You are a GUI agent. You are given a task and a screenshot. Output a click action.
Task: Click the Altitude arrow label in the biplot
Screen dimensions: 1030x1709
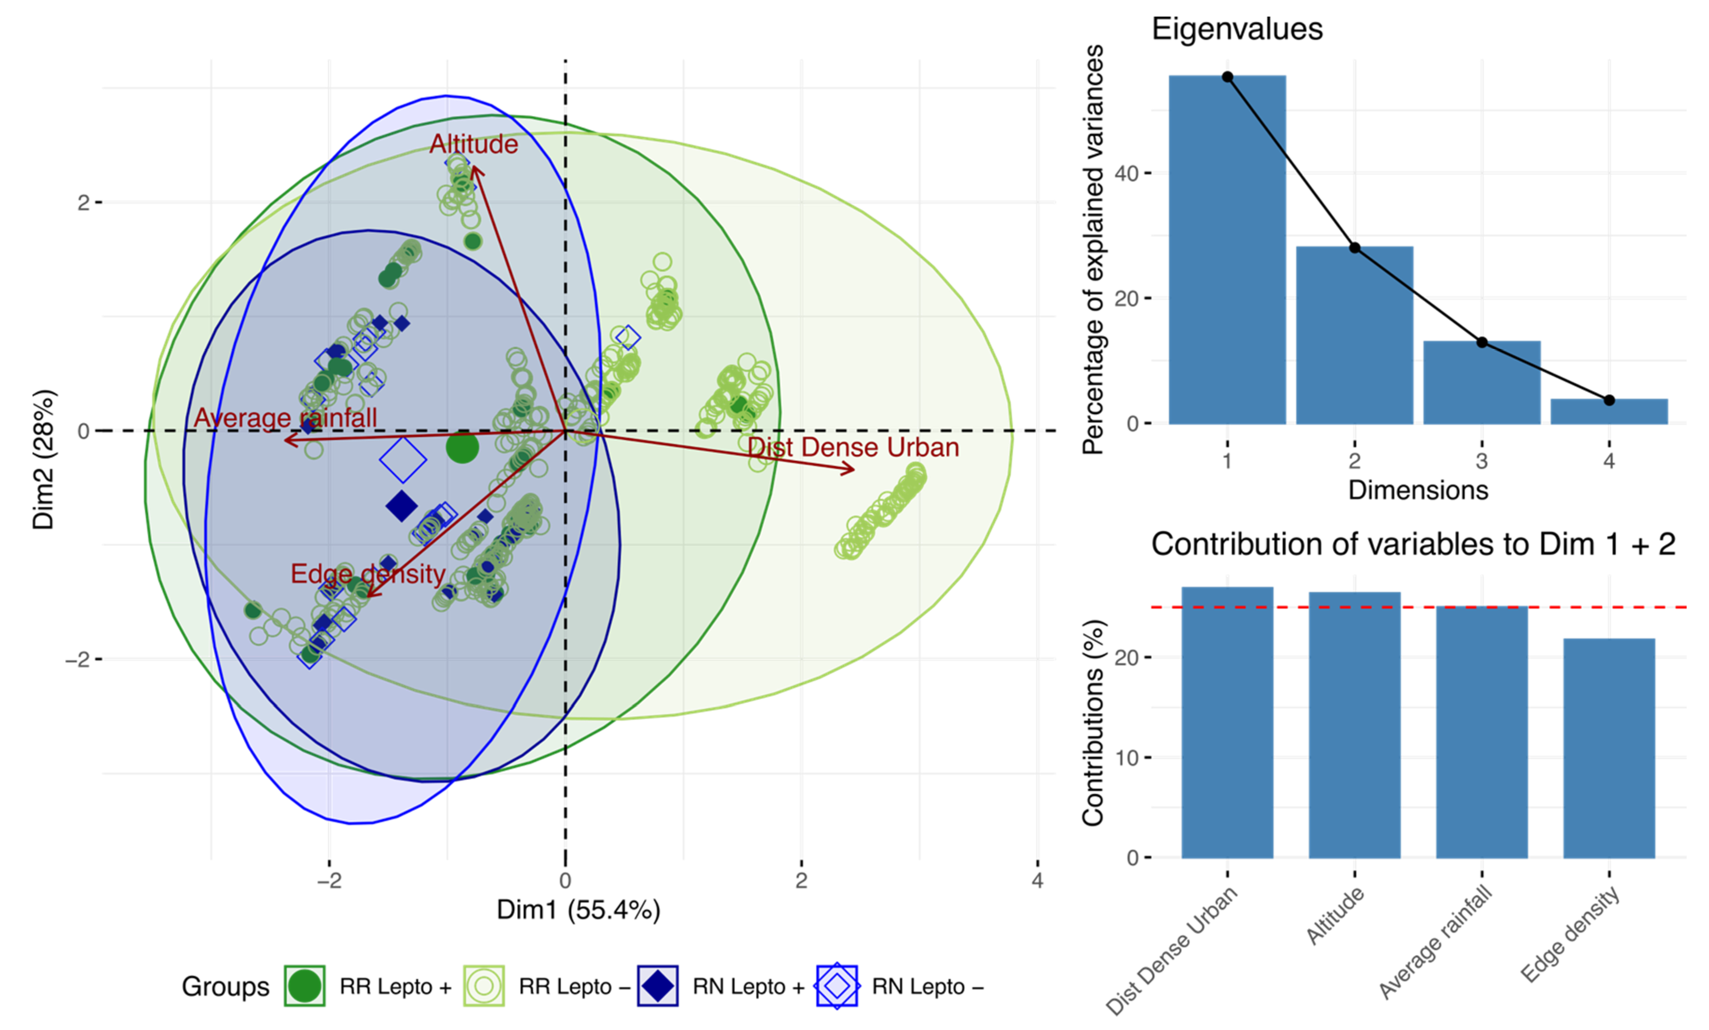point(474,144)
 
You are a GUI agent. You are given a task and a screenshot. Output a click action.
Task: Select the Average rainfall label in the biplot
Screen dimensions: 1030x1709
point(285,417)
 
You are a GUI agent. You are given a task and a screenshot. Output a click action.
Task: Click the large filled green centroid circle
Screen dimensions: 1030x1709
point(462,447)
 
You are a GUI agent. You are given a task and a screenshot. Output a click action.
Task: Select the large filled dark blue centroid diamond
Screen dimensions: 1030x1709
point(401,506)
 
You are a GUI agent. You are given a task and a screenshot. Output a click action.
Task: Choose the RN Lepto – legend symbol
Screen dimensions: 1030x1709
point(836,986)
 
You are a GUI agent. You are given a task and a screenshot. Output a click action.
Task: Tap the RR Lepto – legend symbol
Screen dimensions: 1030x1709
point(483,986)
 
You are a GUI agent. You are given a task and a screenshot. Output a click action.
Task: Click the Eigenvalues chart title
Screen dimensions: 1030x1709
point(1237,29)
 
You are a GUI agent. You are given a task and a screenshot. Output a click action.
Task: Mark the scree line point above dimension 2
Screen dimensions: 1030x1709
point(1354,248)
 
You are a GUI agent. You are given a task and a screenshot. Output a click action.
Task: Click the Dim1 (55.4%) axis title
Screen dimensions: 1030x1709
point(579,910)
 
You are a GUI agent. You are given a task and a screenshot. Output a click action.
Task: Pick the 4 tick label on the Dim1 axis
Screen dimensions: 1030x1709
point(1037,881)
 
